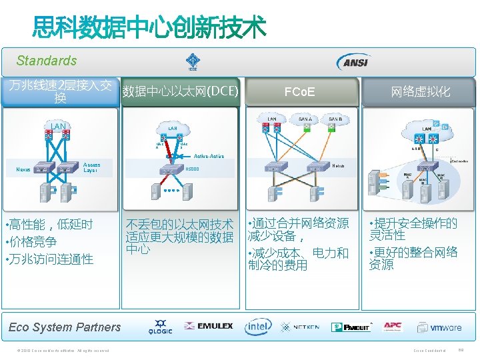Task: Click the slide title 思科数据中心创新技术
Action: (150, 28)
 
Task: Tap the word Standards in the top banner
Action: (47, 61)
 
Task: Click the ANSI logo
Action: (353, 61)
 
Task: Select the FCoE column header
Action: (299, 92)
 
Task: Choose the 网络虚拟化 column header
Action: (420, 92)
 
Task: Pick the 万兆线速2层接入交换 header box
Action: (60, 92)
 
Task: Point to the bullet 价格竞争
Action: (33, 242)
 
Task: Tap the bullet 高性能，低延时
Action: (50, 225)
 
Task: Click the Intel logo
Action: (258, 327)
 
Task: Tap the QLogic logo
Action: (161, 327)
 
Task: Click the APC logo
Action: (393, 327)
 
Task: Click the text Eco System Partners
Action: (65, 327)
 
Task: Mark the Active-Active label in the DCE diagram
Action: (209, 156)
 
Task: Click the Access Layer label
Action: (91, 167)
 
